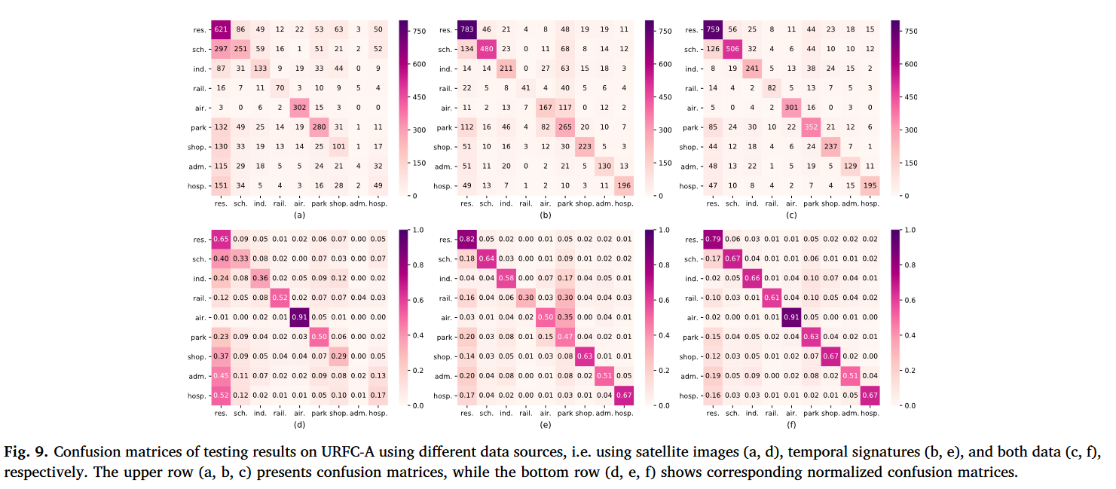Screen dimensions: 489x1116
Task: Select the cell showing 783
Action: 468,30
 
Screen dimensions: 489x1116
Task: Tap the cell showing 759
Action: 713,30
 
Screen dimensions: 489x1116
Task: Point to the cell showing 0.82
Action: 468,240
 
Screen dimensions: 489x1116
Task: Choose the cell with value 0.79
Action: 713,240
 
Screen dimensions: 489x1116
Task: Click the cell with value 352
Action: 811,127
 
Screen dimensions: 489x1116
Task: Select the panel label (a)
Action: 299,215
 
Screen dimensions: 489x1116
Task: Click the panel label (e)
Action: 545,424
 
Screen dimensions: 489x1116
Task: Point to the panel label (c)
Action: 790,215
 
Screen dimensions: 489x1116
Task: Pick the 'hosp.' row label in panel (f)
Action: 689,396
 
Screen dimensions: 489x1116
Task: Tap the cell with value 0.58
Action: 507,279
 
